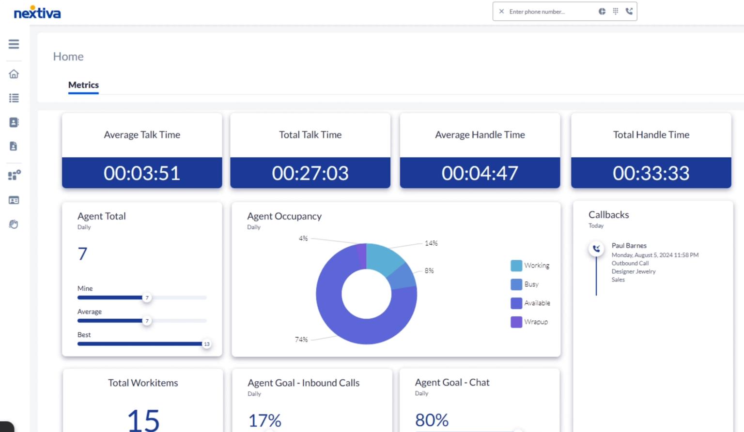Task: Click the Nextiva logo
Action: pyautogui.click(x=37, y=13)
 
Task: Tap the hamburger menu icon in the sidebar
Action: pyautogui.click(x=14, y=44)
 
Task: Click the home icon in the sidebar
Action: pyautogui.click(x=14, y=74)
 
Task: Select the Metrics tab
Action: pyautogui.click(x=83, y=85)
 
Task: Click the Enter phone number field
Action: pyautogui.click(x=547, y=12)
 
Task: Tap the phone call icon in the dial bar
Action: pyautogui.click(x=629, y=11)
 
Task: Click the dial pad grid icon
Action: pyautogui.click(x=615, y=11)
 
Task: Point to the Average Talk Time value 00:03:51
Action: pyautogui.click(x=142, y=173)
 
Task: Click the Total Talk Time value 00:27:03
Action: pyautogui.click(x=310, y=173)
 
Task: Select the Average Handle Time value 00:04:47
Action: pyautogui.click(x=480, y=173)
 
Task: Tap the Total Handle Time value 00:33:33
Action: pyautogui.click(x=651, y=173)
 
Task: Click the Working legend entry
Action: pyautogui.click(x=530, y=266)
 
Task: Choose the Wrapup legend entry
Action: pyautogui.click(x=529, y=322)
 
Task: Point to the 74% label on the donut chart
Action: pyautogui.click(x=301, y=340)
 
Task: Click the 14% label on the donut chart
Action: pyautogui.click(x=431, y=243)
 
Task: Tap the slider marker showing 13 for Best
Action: pyautogui.click(x=207, y=344)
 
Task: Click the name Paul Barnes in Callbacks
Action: pyautogui.click(x=629, y=246)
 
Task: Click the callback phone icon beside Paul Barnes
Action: pyautogui.click(x=596, y=249)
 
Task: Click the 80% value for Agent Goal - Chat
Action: pyautogui.click(x=432, y=420)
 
